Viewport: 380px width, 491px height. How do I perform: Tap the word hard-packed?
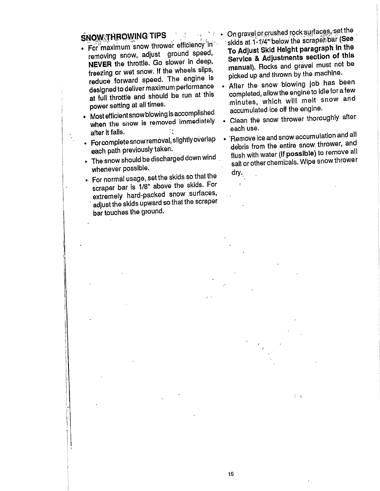146,195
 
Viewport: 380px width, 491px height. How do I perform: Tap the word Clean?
239,120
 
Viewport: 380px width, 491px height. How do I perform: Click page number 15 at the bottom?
230,474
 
